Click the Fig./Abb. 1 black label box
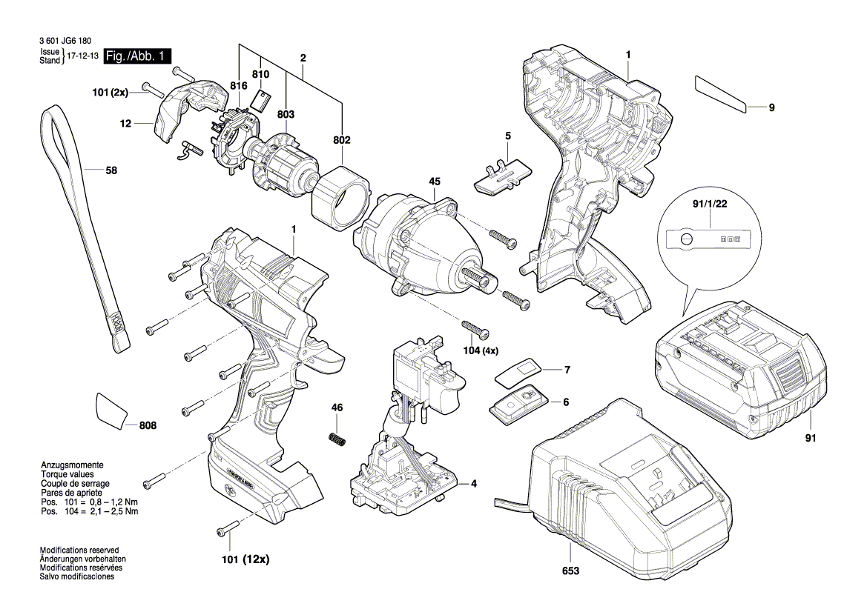point(137,56)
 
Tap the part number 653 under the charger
point(570,572)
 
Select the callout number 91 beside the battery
point(810,439)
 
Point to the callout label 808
point(148,425)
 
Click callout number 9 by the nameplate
point(771,108)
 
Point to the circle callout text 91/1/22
point(708,201)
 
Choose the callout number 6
point(565,402)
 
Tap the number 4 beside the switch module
point(472,484)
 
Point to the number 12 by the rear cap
point(125,124)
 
